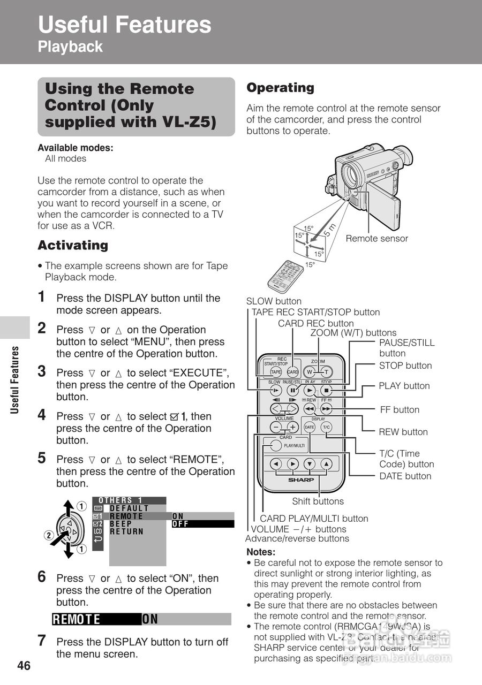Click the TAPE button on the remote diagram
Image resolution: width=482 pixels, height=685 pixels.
click(x=276, y=372)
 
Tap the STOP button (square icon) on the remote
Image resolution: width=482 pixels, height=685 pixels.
click(x=327, y=390)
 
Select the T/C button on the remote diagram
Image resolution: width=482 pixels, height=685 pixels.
click(x=327, y=427)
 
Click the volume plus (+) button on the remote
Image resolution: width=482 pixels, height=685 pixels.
click(x=293, y=427)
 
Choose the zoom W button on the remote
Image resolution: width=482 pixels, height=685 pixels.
click(x=309, y=372)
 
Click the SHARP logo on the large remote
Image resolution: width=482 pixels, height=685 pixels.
click(x=302, y=479)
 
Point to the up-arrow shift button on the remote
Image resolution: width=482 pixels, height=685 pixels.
click(x=327, y=463)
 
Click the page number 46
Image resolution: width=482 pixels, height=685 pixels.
click(x=24, y=666)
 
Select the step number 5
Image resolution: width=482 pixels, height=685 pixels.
click(x=42, y=458)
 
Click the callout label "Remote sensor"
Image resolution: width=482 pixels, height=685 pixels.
click(x=376, y=239)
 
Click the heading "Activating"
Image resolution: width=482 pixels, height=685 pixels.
click(x=73, y=246)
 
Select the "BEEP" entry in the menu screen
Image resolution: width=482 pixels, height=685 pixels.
click(x=121, y=524)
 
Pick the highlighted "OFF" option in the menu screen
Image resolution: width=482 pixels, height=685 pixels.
click(x=180, y=524)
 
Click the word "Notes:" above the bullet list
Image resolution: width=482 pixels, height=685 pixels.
click(x=261, y=552)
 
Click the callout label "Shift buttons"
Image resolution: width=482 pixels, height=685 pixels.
click(x=318, y=501)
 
